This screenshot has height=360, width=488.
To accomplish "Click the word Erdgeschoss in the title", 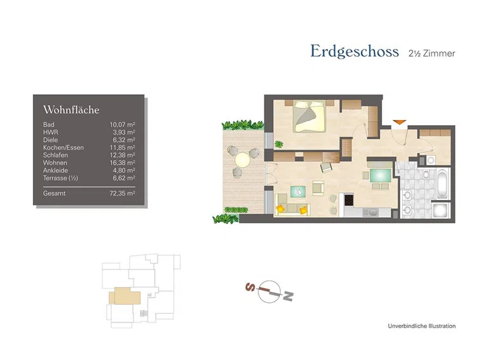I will [354, 51].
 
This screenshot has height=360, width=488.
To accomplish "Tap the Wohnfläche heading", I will [71, 110].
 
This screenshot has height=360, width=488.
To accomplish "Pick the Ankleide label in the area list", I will [55, 170].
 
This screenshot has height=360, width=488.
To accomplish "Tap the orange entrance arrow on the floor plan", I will [398, 121].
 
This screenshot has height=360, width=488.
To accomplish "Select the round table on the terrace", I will [243, 160].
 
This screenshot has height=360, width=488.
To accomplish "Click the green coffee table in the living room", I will [296, 191].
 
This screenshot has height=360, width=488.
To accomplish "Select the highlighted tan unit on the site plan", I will [123, 296].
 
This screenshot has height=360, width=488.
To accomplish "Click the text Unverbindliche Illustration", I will [421, 326].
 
